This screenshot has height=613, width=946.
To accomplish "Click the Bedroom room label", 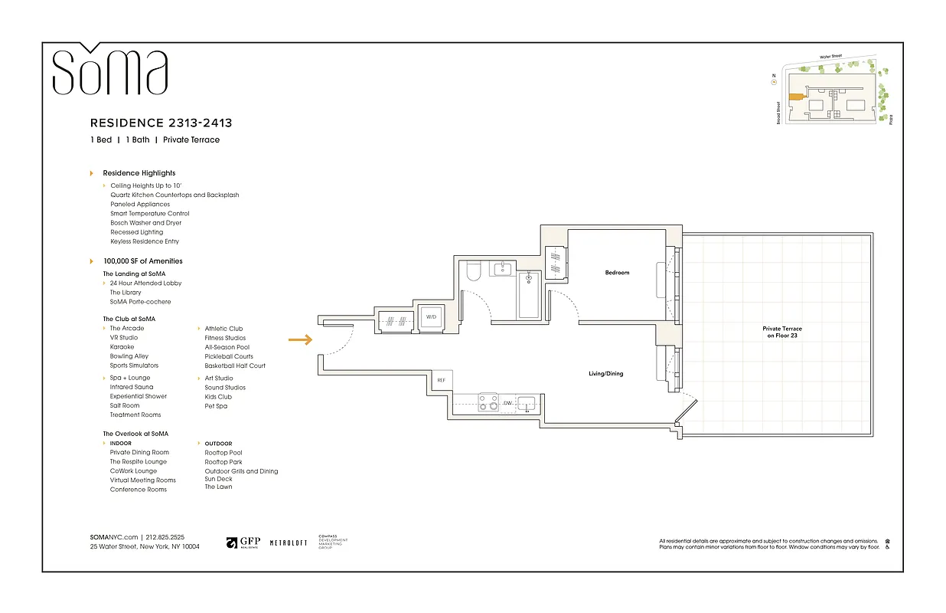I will coord(617,273).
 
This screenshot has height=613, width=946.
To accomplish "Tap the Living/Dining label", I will coord(605,374).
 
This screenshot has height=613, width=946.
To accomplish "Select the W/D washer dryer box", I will coord(430,318).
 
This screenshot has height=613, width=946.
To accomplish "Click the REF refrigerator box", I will coord(441,380).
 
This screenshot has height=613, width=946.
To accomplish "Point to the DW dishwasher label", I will coord(507,402).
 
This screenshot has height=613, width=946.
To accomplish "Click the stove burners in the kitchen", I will coord(488,402).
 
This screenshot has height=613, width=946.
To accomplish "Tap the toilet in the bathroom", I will coord(472,272).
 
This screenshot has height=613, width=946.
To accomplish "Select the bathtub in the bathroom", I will coord(528,295).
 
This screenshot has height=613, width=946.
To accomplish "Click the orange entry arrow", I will coord(300,340).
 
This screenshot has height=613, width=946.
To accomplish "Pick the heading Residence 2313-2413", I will coord(161,123).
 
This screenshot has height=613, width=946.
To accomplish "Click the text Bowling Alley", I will coord(129,356).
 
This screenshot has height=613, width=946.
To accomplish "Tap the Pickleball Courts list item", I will coord(229,356).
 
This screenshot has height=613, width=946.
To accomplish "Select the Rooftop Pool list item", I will coord(223,453).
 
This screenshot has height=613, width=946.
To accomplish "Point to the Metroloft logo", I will coord(289,543).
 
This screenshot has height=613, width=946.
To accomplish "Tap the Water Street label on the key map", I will coord(830,57).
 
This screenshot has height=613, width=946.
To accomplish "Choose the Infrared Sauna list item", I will coord(132,387).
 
